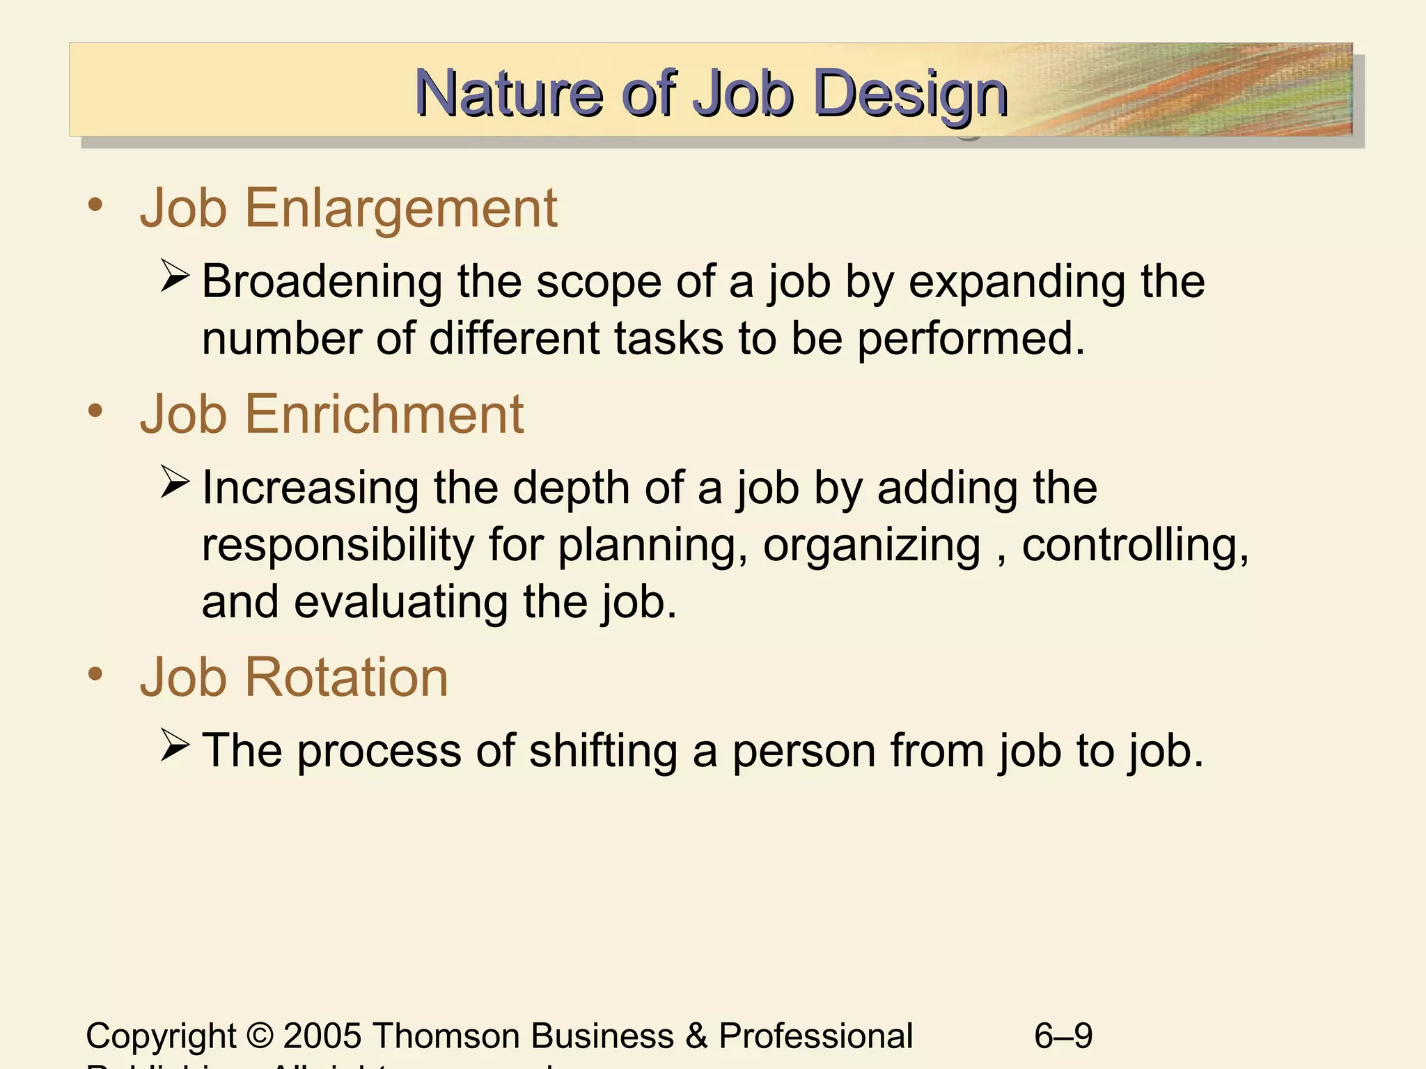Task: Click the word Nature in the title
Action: [x=508, y=93]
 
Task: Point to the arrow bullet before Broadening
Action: [x=175, y=276]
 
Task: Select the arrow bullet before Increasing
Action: [x=175, y=482]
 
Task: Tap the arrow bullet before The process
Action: [x=175, y=745]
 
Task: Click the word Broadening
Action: [x=322, y=282]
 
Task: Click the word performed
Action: [x=971, y=339]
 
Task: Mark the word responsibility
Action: [x=338, y=545]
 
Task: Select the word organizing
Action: [x=871, y=545]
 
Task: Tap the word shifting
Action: [x=602, y=751]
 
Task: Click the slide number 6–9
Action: [x=1063, y=1036]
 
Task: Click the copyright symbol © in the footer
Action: [x=260, y=1036]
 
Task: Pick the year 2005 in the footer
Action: [x=322, y=1036]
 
